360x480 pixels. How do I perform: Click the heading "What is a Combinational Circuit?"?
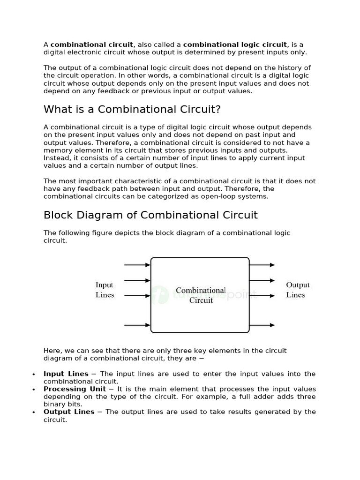[x=132, y=110]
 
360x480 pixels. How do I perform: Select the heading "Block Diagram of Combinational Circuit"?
[x=150, y=215]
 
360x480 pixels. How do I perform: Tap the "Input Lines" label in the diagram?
[x=105, y=290]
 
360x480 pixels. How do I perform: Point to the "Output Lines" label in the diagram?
[x=297, y=290]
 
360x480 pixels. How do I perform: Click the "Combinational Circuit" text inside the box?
[x=201, y=295]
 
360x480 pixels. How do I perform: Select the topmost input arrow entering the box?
[x=137, y=265]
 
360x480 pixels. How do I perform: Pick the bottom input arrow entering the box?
[x=137, y=324]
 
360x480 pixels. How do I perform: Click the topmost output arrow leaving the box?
[x=262, y=265]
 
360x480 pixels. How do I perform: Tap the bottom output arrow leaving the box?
[x=262, y=325]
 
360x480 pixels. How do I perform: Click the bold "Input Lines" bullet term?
[x=66, y=374]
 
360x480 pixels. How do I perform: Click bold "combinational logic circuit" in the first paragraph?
[x=235, y=45]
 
